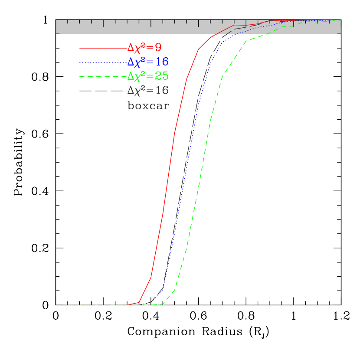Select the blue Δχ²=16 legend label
[x=147, y=62]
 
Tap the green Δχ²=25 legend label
[x=147, y=76]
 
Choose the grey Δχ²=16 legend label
[x=147, y=90]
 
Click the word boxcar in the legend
[x=148, y=105]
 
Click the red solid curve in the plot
[x=169, y=173]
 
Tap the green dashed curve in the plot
[x=200, y=173]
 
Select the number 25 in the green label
[x=161, y=76]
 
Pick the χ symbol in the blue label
[x=137, y=62]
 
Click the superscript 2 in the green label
[x=144, y=73]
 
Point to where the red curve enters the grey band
[x=217, y=33]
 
